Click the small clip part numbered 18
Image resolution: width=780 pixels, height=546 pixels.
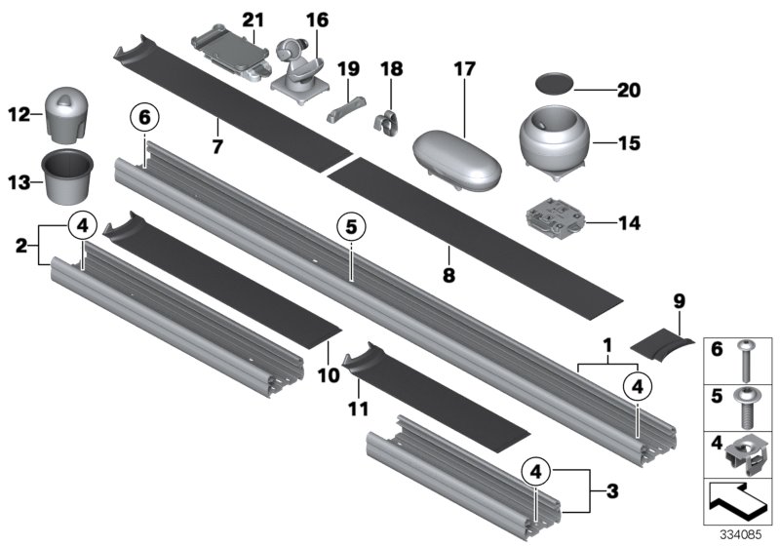(387, 118)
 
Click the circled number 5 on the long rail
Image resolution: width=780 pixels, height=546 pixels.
(350, 227)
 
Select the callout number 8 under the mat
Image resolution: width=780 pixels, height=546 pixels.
(448, 276)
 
